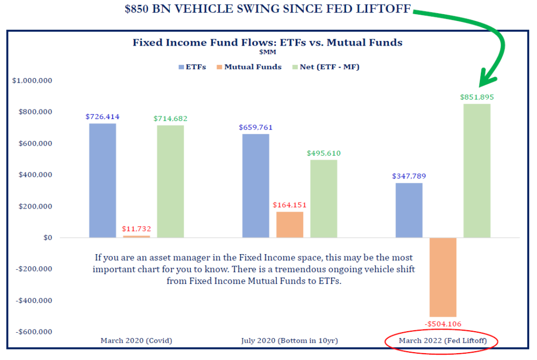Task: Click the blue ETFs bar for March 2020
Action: pos(102,180)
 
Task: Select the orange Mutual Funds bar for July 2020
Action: pos(289,224)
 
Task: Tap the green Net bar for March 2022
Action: pos(477,170)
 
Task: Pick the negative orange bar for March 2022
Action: pos(443,277)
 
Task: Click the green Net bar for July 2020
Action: pos(324,199)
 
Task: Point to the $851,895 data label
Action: pos(477,97)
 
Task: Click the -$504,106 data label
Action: pos(443,324)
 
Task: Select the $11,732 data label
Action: pos(136,228)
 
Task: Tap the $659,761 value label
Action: pos(255,127)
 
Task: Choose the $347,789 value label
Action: pos(409,176)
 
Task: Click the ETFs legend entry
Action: pos(192,67)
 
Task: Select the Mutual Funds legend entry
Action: pos(249,67)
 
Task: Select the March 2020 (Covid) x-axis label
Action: pos(136,341)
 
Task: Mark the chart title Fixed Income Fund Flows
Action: pos(267,42)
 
